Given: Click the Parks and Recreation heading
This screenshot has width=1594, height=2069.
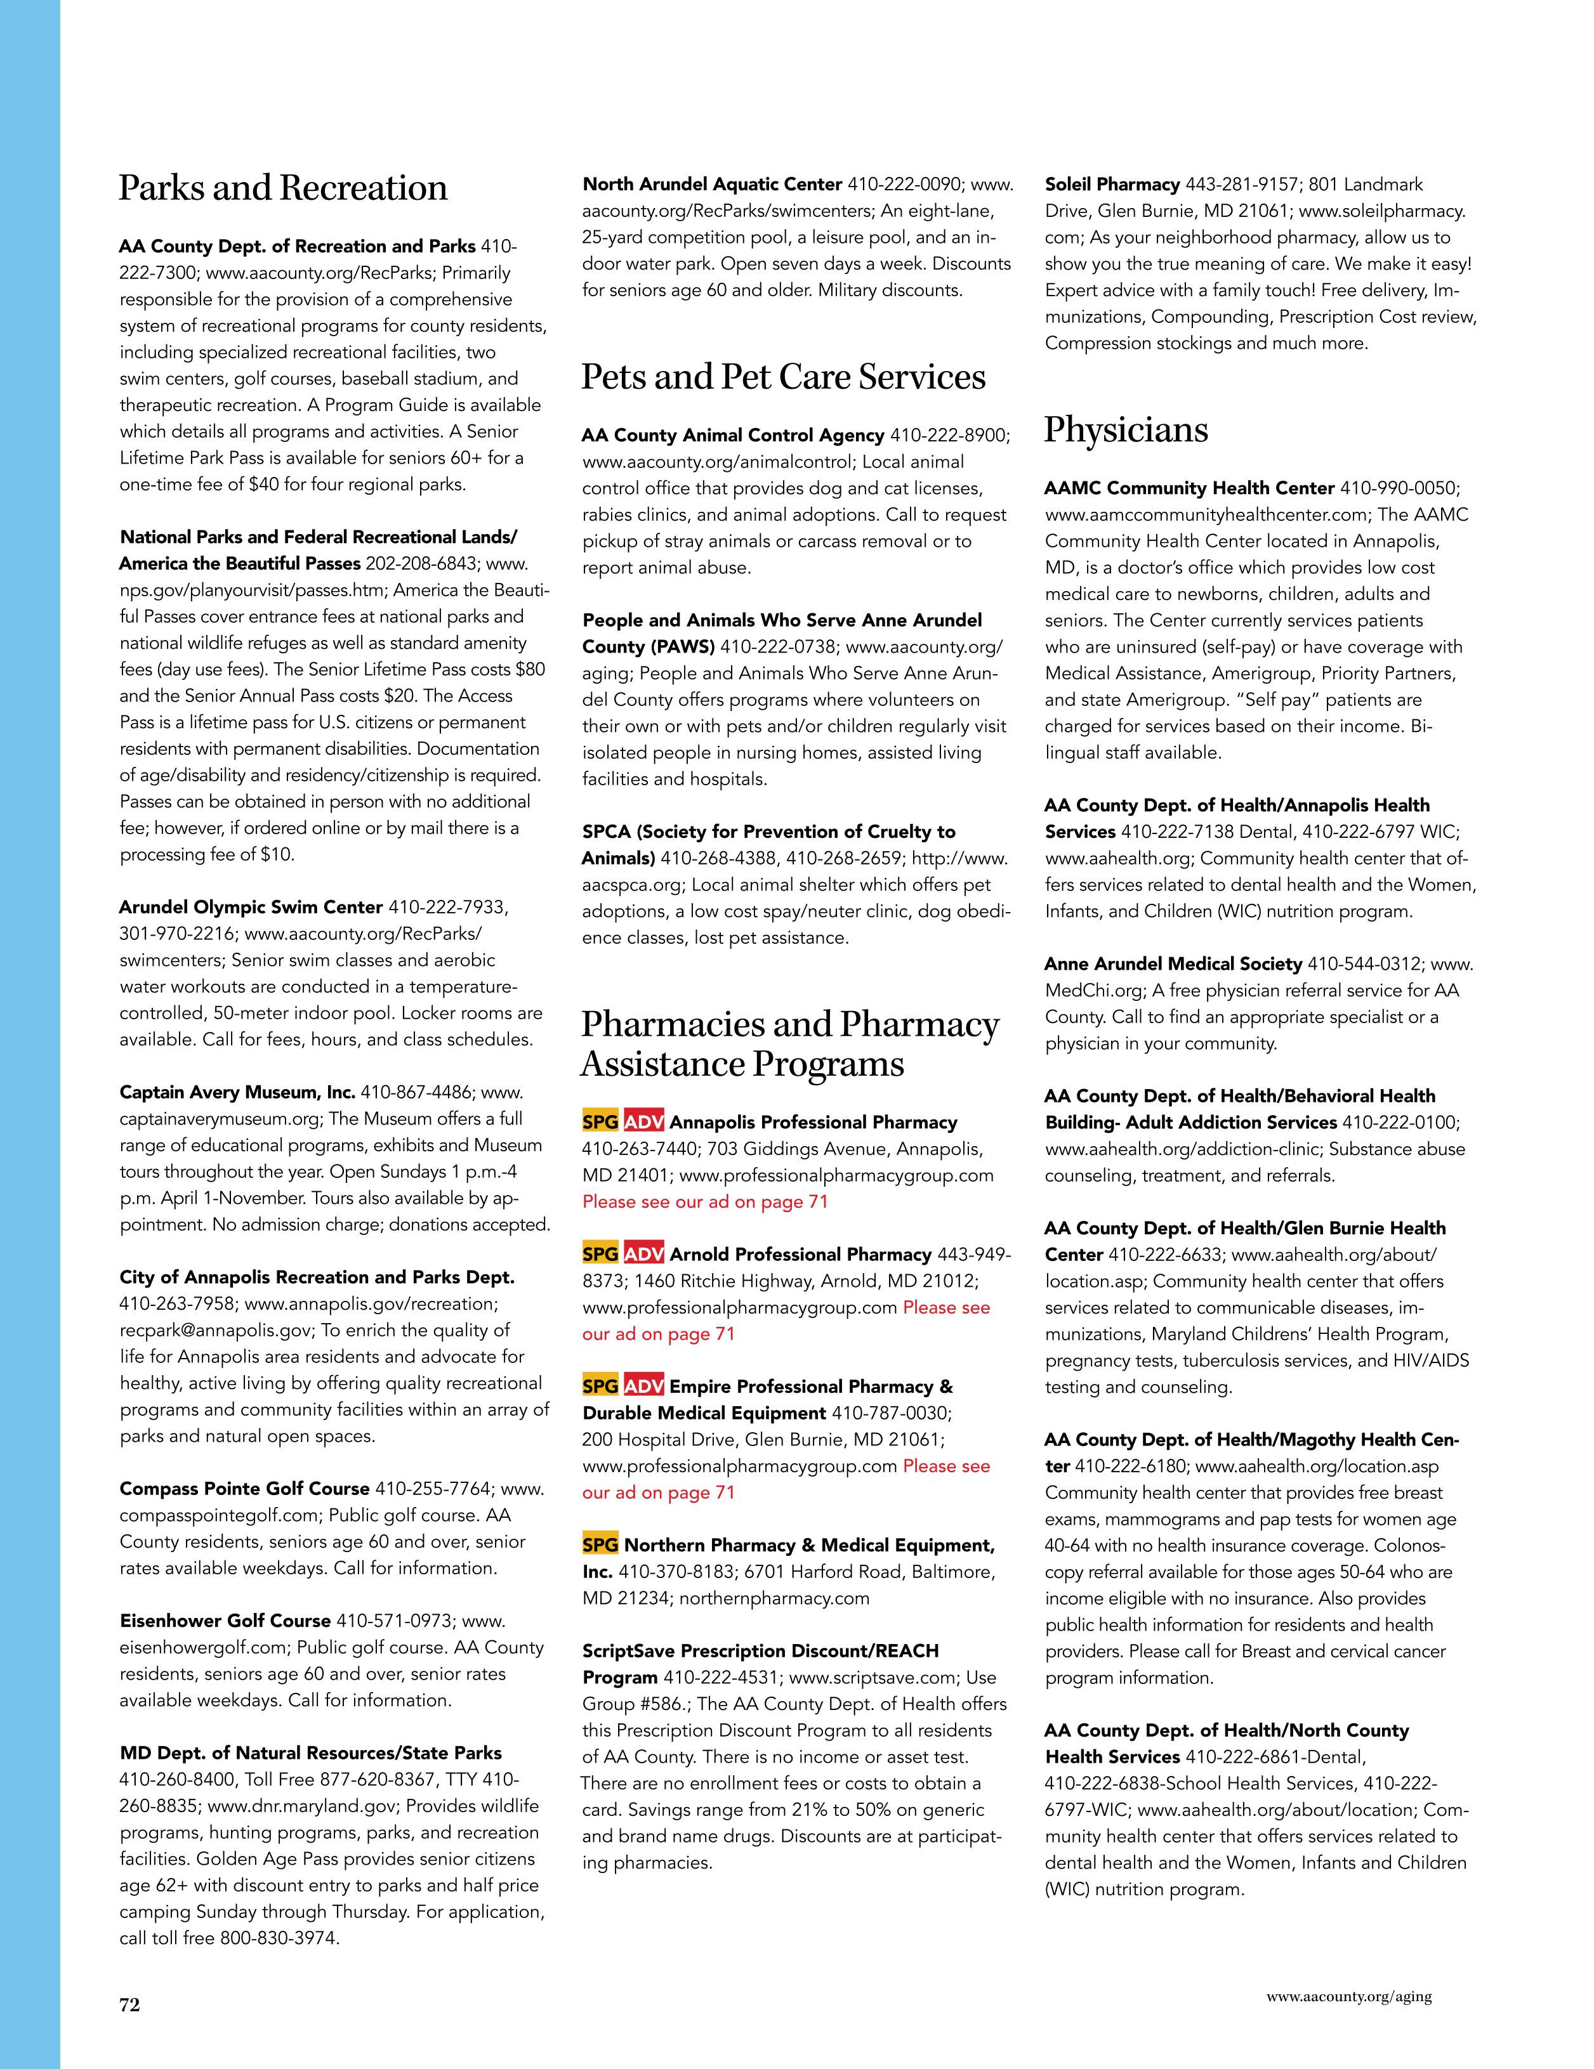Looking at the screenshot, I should coord(282,188).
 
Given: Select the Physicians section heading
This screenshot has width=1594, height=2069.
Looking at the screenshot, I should coord(1126,430).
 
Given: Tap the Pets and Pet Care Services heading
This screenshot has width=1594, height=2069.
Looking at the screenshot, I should coord(783,377).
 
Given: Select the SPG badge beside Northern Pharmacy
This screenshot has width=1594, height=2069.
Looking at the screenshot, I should coord(600,1545).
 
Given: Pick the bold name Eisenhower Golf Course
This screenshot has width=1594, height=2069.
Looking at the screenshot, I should coord(225,1621).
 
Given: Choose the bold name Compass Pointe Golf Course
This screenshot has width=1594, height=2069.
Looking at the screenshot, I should coord(244,1488).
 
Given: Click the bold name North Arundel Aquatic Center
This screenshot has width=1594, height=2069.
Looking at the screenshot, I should coord(712,185).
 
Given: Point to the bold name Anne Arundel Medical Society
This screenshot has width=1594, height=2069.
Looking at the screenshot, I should coord(1172,964).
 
